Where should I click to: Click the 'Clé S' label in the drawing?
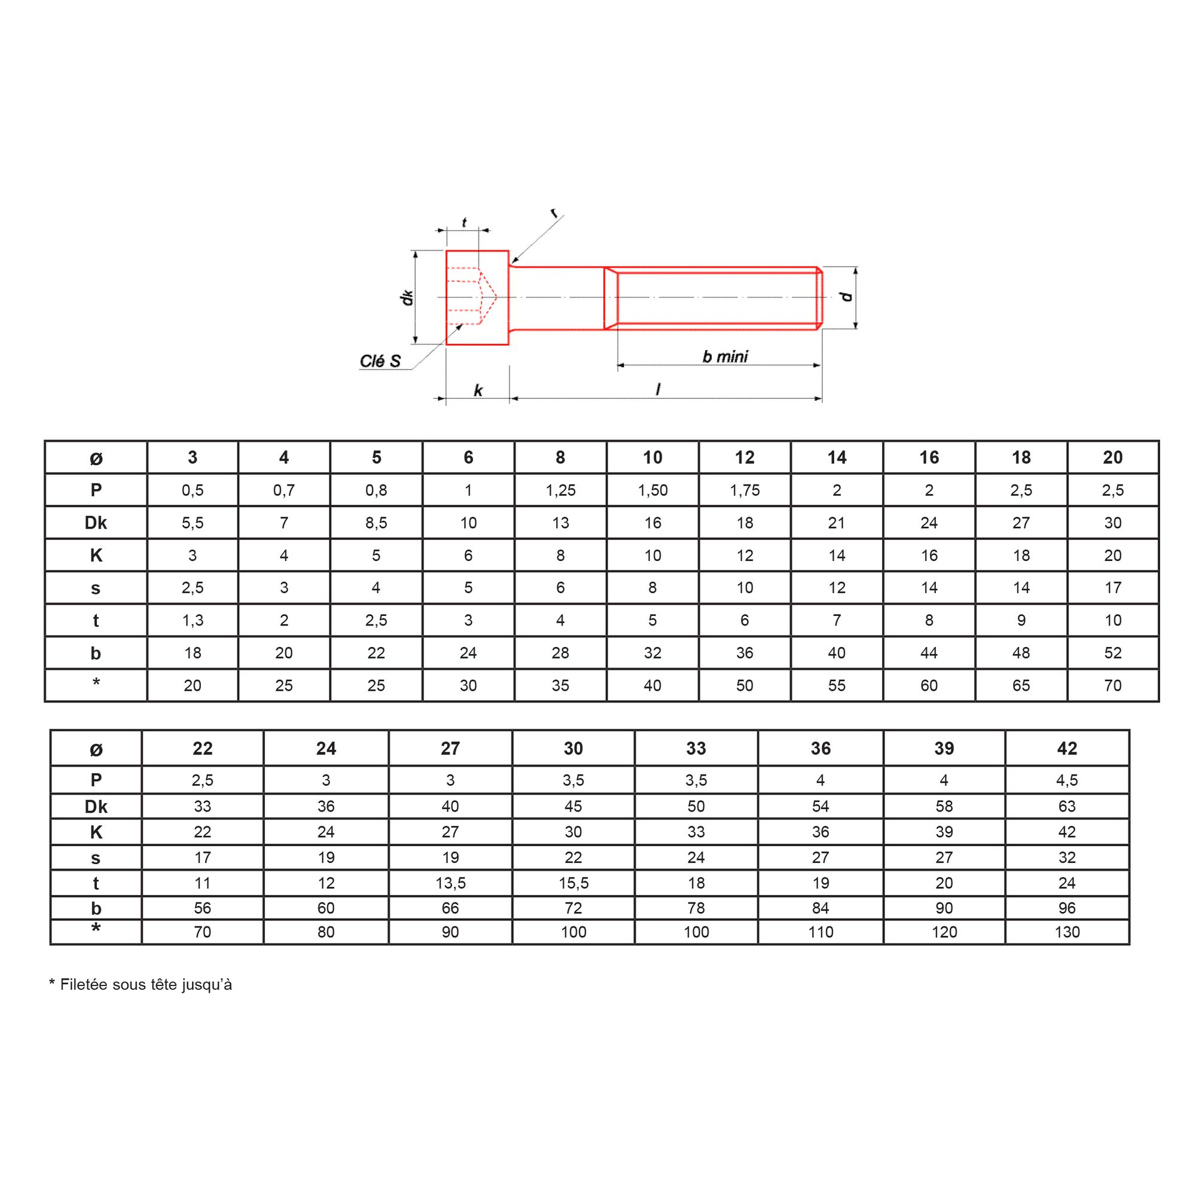click(380, 361)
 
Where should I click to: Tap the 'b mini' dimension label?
click(725, 356)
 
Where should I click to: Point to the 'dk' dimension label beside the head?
click(407, 297)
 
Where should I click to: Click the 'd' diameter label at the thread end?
click(846, 297)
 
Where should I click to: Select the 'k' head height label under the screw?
click(478, 390)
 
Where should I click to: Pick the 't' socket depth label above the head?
click(464, 222)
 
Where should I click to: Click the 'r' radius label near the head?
click(554, 213)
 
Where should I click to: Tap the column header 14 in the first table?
click(837, 457)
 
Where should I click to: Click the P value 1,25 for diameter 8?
click(560, 490)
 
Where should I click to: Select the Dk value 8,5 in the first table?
click(376, 523)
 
